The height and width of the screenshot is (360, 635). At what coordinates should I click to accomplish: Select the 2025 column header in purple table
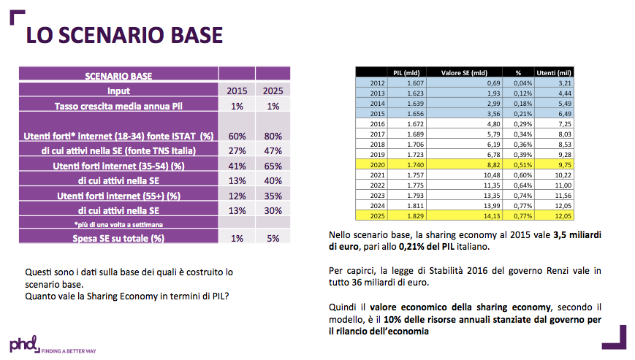[x=272, y=91]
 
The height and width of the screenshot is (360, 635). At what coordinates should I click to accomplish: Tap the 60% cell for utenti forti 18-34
[x=235, y=136]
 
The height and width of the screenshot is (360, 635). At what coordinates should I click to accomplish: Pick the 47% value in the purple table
[x=272, y=150]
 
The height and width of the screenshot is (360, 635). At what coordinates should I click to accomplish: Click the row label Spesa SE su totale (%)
[x=118, y=237]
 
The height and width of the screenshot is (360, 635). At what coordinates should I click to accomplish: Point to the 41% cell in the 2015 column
[x=235, y=165]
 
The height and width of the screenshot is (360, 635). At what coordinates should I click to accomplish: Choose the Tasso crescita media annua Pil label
[x=118, y=106]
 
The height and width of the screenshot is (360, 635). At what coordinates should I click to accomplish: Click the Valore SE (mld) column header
[x=465, y=73]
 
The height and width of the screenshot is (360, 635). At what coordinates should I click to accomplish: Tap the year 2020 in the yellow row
[x=377, y=166]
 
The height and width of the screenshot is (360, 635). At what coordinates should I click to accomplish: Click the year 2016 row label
[x=377, y=125]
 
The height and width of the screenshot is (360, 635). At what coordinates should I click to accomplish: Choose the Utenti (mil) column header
[x=554, y=73]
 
